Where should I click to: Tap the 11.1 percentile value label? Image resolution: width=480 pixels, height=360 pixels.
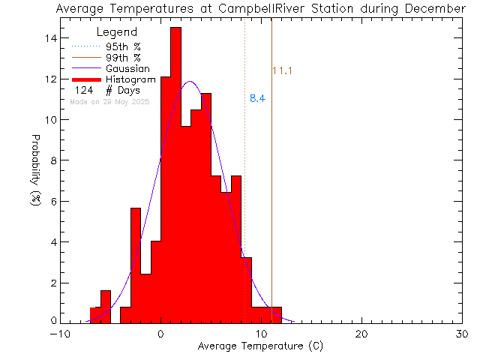point(282,71)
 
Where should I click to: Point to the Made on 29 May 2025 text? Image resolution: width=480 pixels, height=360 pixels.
point(109,101)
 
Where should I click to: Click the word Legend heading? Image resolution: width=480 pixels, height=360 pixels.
point(118,33)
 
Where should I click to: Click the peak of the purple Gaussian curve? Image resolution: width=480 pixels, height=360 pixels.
point(190,82)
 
